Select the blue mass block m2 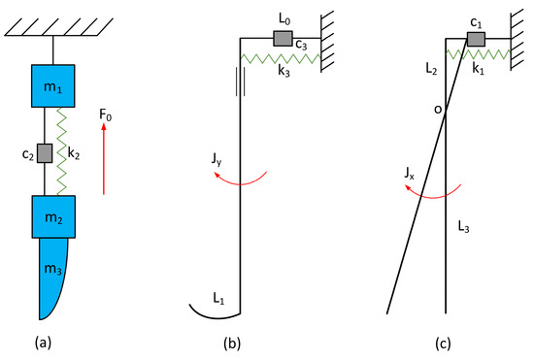click(52, 214)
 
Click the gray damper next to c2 click(43, 152)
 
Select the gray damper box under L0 click(284, 39)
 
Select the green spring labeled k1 click(477, 55)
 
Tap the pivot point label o click(438, 110)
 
